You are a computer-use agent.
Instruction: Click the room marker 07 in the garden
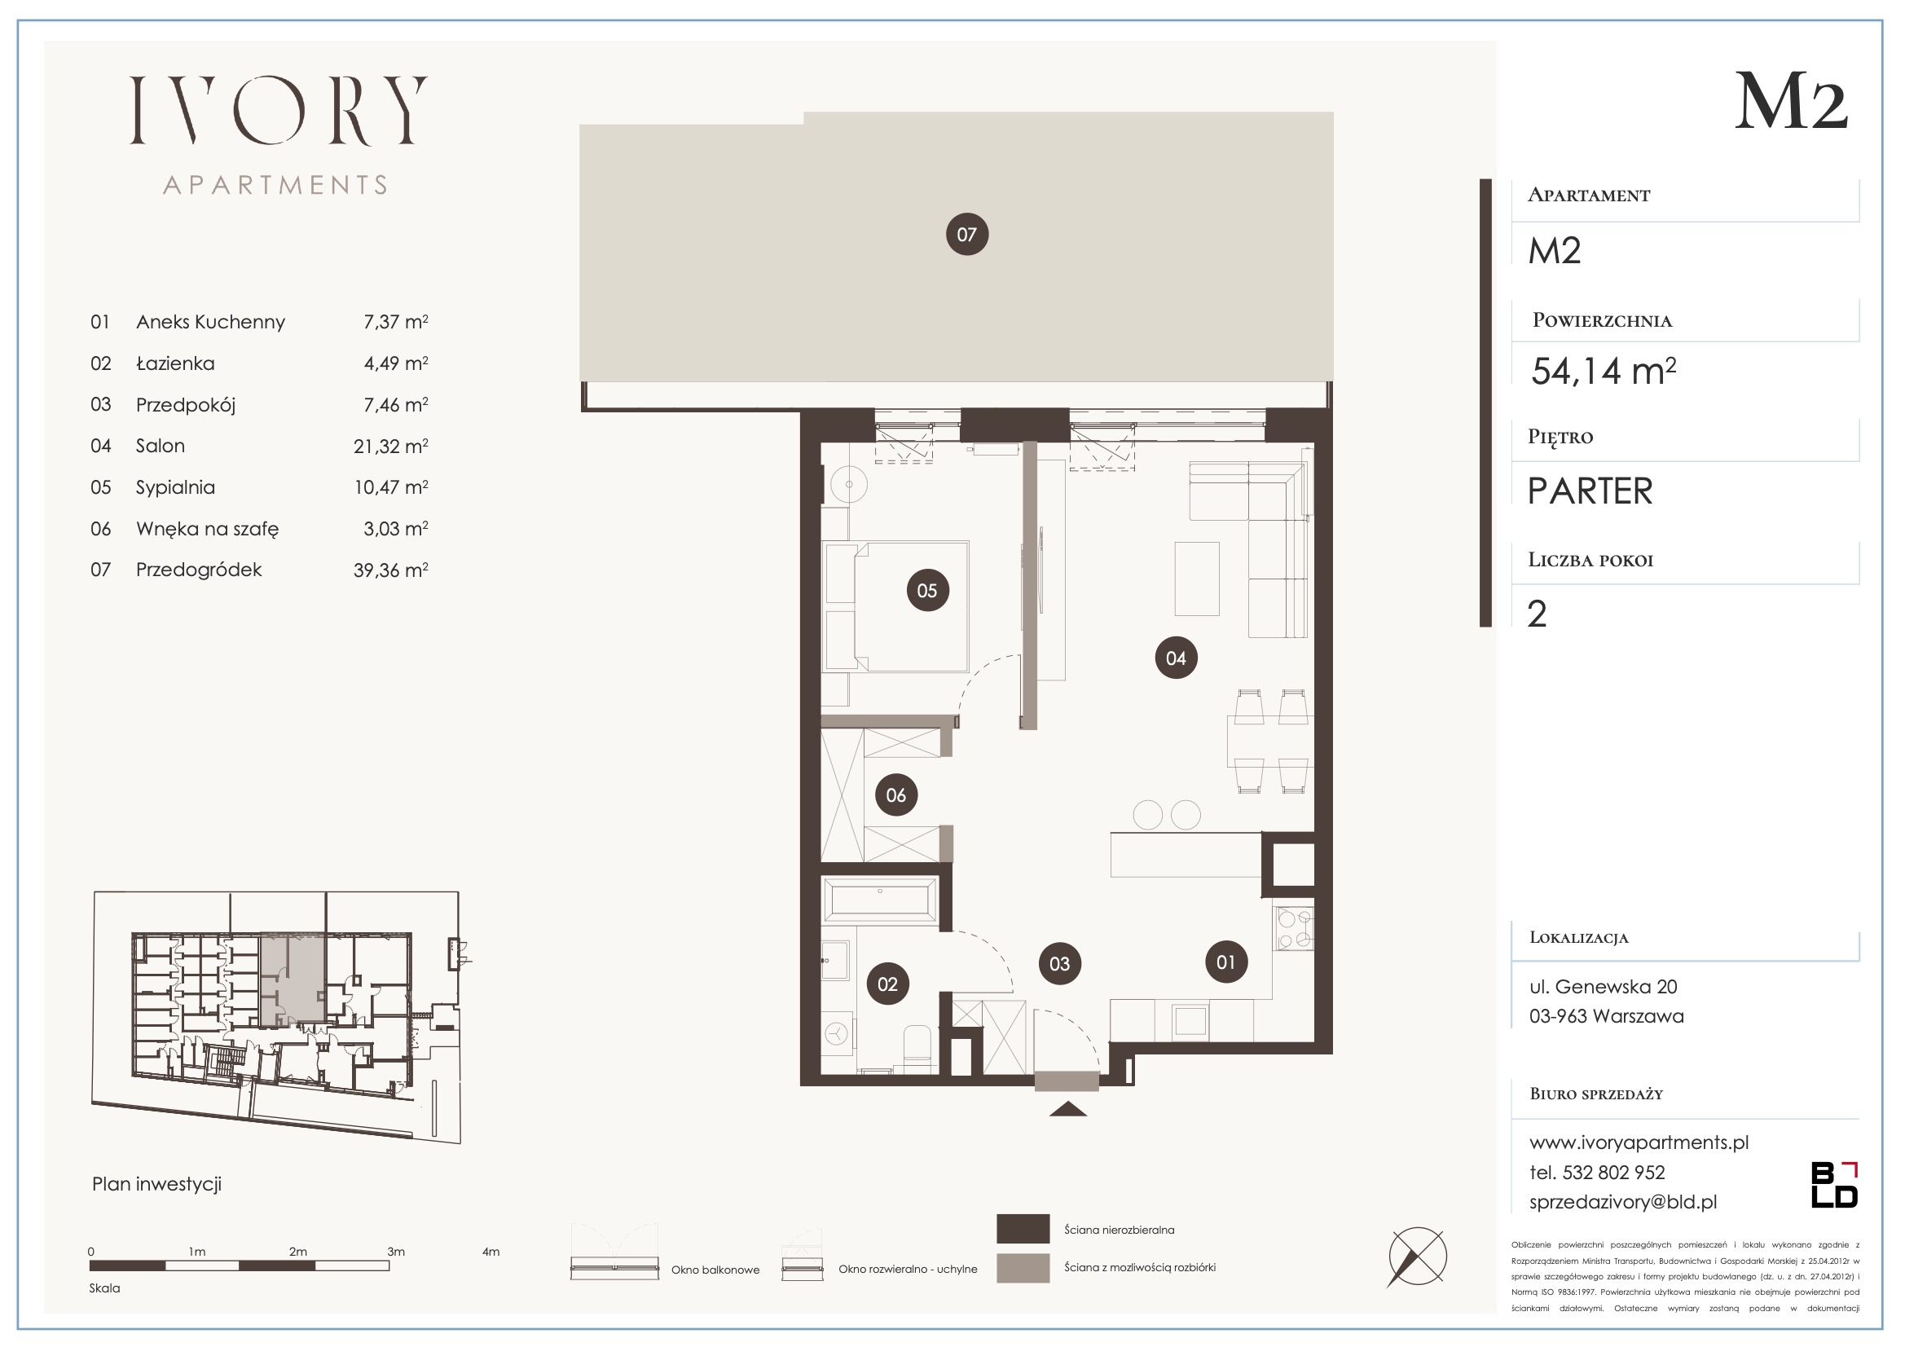click(x=966, y=234)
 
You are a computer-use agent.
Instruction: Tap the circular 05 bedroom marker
click(x=926, y=590)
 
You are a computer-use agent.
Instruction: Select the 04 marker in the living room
click(x=1176, y=658)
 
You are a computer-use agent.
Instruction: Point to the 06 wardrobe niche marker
click(x=896, y=795)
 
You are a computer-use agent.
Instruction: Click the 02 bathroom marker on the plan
click(x=888, y=984)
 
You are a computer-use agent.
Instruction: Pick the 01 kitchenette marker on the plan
click(x=1225, y=962)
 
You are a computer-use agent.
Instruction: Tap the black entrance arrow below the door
click(x=1068, y=1109)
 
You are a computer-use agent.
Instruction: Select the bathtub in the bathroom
click(x=880, y=900)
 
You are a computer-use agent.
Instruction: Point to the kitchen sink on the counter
click(x=1190, y=1021)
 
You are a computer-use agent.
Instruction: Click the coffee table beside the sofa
click(x=1197, y=579)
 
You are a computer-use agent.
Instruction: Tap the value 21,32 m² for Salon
click(x=391, y=446)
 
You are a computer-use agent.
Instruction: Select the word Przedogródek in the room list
click(x=199, y=570)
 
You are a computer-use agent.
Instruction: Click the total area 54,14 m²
click(x=1603, y=370)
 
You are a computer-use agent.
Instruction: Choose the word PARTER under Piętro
click(x=1590, y=491)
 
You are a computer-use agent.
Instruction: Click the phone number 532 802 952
click(x=1614, y=1173)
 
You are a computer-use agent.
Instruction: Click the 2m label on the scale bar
click(x=298, y=1252)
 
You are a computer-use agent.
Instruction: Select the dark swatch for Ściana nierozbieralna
click(x=1023, y=1230)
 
